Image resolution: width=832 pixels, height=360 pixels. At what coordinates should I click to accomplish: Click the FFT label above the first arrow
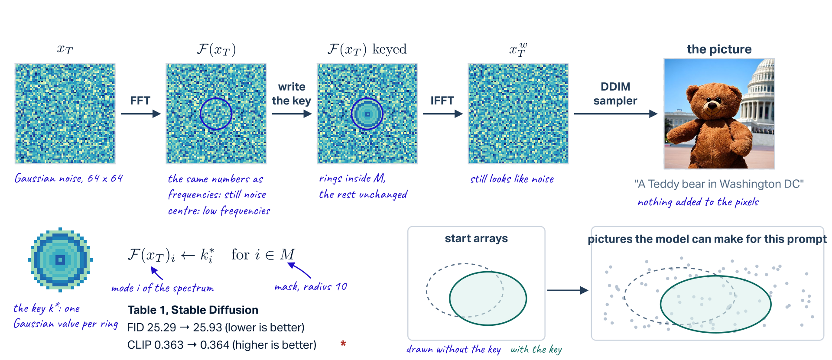pyautogui.click(x=140, y=101)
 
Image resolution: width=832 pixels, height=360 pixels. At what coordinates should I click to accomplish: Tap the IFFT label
pyautogui.click(x=442, y=101)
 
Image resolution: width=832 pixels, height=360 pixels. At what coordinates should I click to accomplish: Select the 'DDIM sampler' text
pyautogui.click(x=615, y=94)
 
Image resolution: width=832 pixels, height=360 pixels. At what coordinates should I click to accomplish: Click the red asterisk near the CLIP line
pyautogui.click(x=343, y=344)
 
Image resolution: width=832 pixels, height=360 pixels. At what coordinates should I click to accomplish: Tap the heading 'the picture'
pyautogui.click(x=719, y=49)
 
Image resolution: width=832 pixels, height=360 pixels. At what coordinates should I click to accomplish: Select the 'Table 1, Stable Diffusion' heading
pyautogui.click(x=193, y=310)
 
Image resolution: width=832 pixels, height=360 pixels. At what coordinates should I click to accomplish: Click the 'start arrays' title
pyautogui.click(x=476, y=239)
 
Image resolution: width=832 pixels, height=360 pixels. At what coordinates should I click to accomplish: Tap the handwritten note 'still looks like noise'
pyautogui.click(x=512, y=179)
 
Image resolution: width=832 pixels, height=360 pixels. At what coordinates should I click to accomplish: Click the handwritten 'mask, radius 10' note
pyautogui.click(x=311, y=287)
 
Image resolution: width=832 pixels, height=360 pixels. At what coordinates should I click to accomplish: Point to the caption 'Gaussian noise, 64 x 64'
pyautogui.click(x=69, y=178)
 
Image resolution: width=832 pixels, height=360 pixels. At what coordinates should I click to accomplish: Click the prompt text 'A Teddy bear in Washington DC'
pyautogui.click(x=719, y=184)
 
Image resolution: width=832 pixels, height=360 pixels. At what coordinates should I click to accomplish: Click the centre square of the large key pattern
pyautogui.click(x=60, y=260)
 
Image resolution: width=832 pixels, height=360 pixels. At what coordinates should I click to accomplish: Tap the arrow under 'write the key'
pyautogui.click(x=292, y=114)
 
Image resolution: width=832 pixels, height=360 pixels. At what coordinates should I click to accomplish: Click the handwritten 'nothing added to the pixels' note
pyautogui.click(x=698, y=202)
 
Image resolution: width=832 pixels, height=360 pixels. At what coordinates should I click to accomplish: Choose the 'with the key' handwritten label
pyautogui.click(x=536, y=350)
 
